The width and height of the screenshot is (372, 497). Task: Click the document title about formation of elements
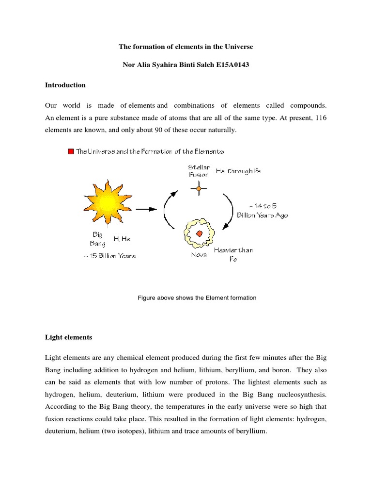pos(186,47)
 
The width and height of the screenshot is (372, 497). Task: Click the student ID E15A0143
pos(234,65)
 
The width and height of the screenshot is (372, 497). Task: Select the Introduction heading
pos(65,85)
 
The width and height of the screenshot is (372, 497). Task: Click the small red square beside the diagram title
pos(71,151)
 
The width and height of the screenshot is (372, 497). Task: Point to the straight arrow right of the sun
pos(146,209)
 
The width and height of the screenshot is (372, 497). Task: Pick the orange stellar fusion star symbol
pos(198,188)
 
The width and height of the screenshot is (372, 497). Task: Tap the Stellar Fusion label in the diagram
pos(199,171)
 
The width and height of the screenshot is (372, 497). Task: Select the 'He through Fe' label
pos(242,171)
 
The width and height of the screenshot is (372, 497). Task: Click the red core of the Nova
pos(199,233)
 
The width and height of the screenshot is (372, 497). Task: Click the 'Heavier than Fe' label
pos(233,254)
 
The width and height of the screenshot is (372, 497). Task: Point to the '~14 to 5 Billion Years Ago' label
pos(262,211)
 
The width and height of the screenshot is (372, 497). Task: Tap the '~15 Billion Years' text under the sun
pos(109,256)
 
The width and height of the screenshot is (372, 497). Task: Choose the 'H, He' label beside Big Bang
pos(122,239)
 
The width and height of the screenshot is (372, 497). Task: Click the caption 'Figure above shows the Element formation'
pos(197,298)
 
